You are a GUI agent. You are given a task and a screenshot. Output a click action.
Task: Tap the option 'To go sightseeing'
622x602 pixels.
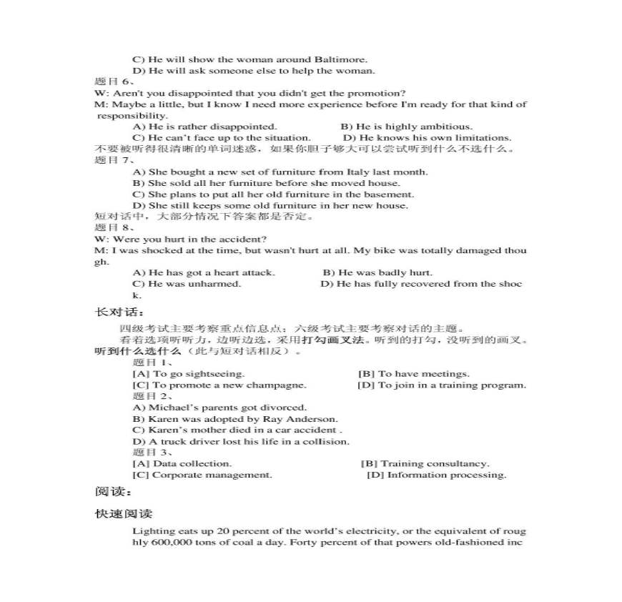point(189,374)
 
